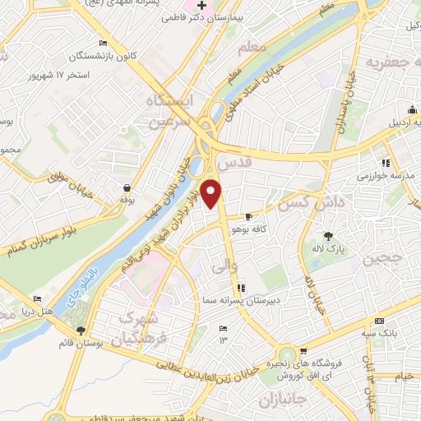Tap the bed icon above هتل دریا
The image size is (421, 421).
(x=36, y=300)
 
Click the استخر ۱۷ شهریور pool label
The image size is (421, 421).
(x=84, y=74)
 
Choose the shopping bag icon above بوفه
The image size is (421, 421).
(x=126, y=187)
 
